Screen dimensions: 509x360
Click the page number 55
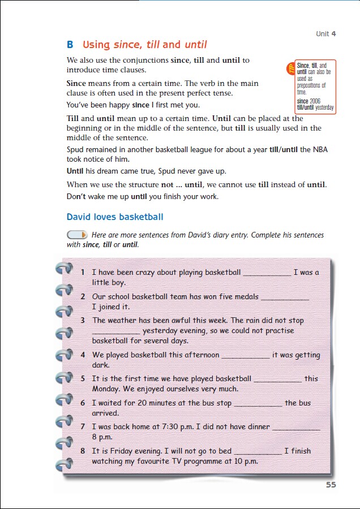pyautogui.click(x=331, y=485)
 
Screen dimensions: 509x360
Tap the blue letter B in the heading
pyautogui.click(x=70, y=45)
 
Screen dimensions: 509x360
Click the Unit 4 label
pyautogui.click(x=325, y=34)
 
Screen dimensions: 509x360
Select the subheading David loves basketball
pyautogui.click(x=115, y=217)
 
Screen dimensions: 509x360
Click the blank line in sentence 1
pyautogui.click(x=267, y=273)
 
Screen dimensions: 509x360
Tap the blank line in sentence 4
pyautogui.click(x=245, y=356)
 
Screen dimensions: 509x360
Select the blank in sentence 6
pyautogui.click(x=258, y=404)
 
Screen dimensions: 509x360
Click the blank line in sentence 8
pyautogui.click(x=258, y=452)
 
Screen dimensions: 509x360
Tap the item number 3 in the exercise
pyautogui.click(x=83, y=320)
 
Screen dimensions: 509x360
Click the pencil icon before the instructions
pyautogui.click(x=77, y=235)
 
